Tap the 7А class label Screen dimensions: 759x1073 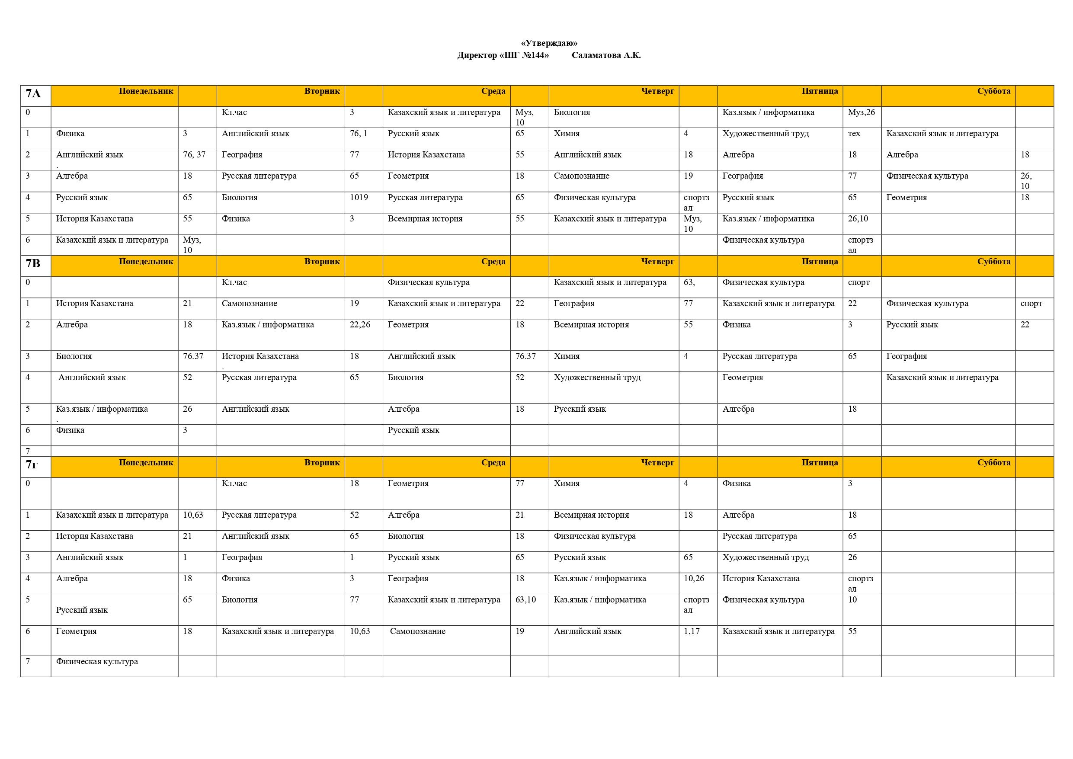[33, 94]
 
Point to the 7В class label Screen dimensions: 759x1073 [33, 263]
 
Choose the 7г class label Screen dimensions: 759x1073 [32, 464]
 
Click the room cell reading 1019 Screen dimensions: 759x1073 [359, 198]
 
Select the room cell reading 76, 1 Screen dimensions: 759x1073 [359, 134]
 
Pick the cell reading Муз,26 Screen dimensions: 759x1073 [861, 112]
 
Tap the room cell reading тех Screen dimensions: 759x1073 [854, 134]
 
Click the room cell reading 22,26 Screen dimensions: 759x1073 [360, 325]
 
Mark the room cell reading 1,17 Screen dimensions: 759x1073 [692, 631]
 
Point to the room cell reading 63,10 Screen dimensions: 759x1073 [525, 599]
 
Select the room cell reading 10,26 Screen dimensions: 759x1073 [694, 579]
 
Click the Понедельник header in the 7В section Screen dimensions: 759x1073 [146, 262]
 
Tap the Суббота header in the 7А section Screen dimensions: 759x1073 [993, 91]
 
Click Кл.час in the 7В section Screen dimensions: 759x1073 [234, 283]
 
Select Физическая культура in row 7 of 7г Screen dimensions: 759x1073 [97, 662]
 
